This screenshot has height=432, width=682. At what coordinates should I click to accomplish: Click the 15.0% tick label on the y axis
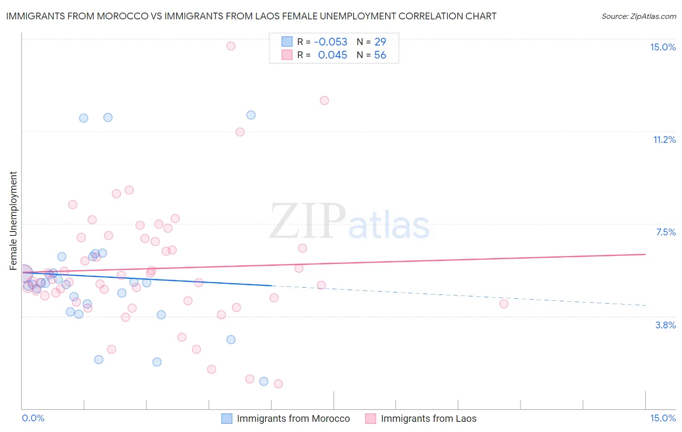point(663,47)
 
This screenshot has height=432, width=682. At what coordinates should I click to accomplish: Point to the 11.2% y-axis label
point(664,139)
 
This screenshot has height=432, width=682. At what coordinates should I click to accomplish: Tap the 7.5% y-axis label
point(666,232)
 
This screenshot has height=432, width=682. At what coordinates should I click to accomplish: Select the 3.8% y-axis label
point(666,325)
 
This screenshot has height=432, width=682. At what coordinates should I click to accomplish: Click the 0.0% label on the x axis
point(33,418)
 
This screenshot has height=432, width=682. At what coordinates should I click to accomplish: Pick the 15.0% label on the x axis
point(663,418)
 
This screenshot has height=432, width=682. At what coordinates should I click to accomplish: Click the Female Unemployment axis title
point(13,221)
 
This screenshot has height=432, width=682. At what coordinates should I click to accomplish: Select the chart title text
point(251,16)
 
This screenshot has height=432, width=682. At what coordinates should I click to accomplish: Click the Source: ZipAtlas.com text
point(638,16)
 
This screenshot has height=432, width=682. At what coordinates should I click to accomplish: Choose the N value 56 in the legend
point(380,55)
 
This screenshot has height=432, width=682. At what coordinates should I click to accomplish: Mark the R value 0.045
point(332,55)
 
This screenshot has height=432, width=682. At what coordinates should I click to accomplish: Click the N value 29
point(380,42)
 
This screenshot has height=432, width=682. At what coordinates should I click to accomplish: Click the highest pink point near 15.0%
point(231,46)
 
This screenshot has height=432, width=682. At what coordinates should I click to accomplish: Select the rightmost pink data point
point(503,304)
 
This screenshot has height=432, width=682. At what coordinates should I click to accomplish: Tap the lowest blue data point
point(263,381)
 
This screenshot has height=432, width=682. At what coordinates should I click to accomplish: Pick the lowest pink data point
point(278,384)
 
